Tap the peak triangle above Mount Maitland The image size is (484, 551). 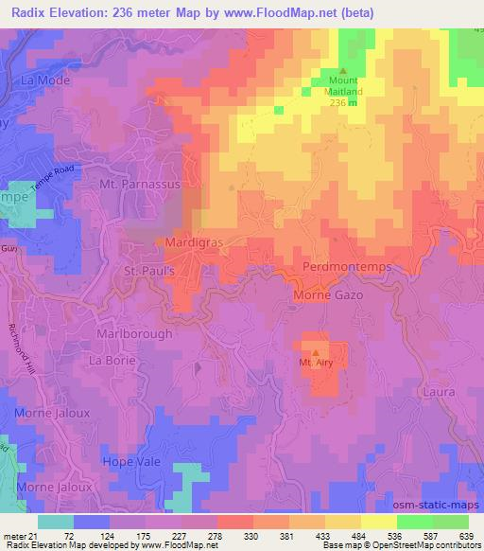click(x=343, y=71)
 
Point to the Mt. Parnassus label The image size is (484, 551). click(x=140, y=185)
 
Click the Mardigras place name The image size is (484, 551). click(x=194, y=242)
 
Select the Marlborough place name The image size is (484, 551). click(x=135, y=334)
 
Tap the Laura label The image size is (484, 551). click(x=440, y=391)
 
